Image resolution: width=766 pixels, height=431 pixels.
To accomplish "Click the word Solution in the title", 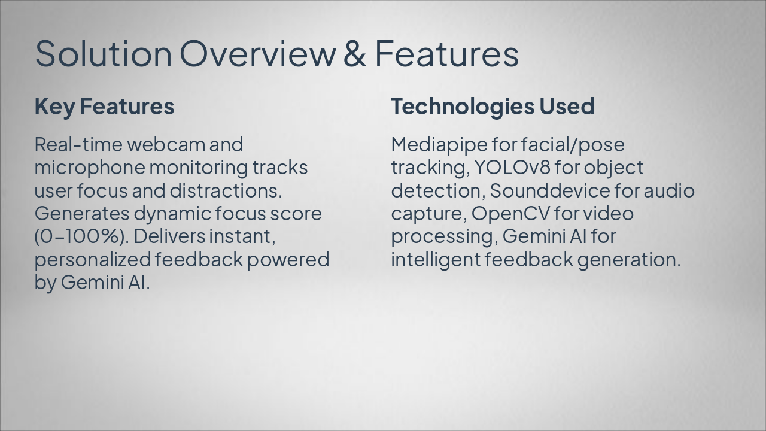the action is [x=104, y=54].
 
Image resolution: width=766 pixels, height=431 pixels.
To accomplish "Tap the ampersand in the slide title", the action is [x=355, y=54].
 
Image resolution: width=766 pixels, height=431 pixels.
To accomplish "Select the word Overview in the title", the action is [x=258, y=54].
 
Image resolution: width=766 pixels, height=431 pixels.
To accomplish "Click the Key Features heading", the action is [x=104, y=107].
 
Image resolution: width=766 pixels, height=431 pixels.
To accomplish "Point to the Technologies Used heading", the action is [x=493, y=106].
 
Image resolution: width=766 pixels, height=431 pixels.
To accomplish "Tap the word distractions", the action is [x=226, y=190].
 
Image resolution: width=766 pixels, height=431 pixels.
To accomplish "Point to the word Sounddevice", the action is [x=550, y=190].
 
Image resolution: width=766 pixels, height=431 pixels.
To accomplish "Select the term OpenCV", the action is [x=510, y=214].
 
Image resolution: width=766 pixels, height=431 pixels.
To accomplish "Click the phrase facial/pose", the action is [x=573, y=145].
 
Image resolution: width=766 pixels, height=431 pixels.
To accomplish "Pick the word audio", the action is [x=669, y=190].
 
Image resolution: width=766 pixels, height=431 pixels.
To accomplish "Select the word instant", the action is [x=242, y=236].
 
